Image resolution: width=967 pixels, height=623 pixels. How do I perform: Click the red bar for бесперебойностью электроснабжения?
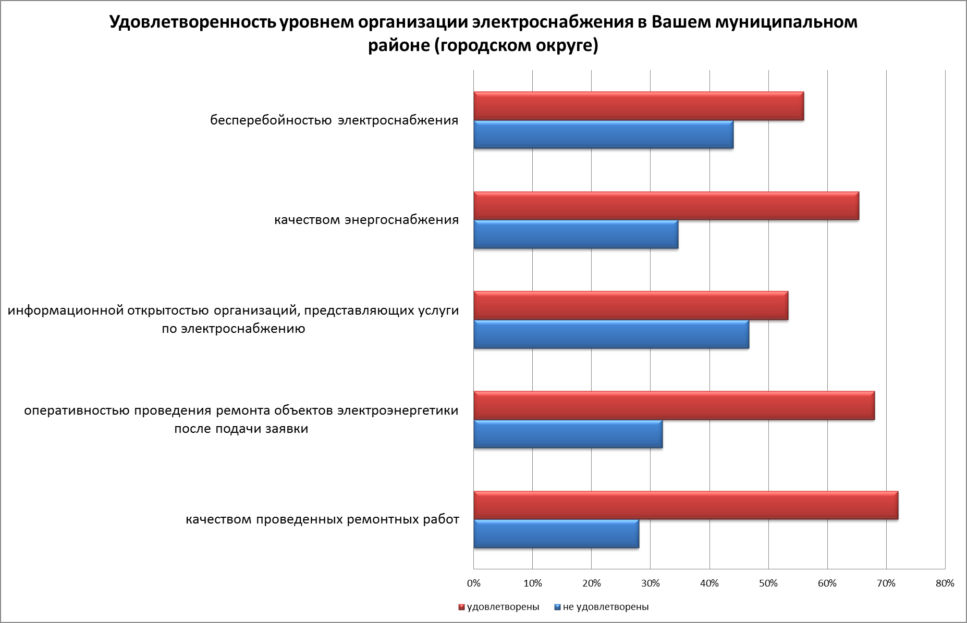coord(638,106)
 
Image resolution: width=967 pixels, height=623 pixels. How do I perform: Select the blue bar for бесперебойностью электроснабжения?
coord(603,134)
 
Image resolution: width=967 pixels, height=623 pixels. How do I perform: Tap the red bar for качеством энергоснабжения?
coord(666,206)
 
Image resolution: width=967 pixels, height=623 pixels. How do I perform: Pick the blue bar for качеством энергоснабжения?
coord(576,234)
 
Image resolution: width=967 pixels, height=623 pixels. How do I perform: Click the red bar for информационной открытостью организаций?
coord(630,305)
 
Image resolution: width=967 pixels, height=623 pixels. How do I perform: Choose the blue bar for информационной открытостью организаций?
coord(611,334)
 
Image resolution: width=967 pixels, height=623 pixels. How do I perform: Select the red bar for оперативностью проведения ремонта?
coord(674,405)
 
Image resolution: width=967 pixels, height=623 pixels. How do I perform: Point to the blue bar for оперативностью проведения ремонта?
coord(568,434)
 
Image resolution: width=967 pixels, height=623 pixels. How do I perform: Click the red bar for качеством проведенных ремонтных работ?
coord(686,505)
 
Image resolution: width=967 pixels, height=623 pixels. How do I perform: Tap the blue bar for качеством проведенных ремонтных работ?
coord(556,534)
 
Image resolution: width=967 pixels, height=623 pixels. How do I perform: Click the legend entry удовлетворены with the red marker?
coord(499,607)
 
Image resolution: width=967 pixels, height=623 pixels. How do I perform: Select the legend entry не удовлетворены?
coord(602,607)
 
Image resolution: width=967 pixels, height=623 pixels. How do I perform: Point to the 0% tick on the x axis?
coord(473,583)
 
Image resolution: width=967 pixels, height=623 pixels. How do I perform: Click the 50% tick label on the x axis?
coord(768,583)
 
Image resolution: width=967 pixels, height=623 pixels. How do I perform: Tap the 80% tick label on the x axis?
coord(945,583)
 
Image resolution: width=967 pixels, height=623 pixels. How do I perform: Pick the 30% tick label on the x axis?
coord(650,583)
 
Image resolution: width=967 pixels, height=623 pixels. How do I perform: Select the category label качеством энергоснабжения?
coord(366,220)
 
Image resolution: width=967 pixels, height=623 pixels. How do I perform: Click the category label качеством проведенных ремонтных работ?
coord(323,519)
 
